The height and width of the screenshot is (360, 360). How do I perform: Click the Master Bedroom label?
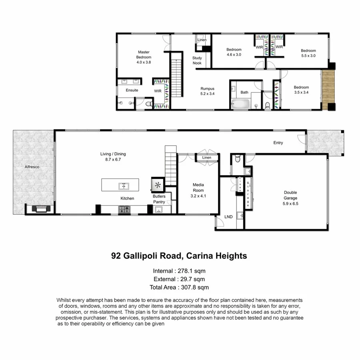[144, 57]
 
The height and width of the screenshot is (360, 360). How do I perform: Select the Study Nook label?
[197, 60]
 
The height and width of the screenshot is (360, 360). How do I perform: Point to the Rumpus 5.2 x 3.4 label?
[207, 91]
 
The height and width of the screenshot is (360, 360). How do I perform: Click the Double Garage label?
[290, 198]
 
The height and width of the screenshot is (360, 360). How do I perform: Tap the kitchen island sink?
[124, 186]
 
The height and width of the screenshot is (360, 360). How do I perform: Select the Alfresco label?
[32, 167]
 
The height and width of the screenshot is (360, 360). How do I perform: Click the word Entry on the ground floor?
[278, 143]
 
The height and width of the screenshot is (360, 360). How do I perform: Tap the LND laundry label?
[228, 217]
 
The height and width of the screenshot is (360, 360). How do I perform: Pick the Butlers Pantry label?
[159, 199]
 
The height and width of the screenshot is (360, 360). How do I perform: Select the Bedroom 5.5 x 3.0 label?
[308, 53]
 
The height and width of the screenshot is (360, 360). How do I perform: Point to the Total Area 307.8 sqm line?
[180, 287]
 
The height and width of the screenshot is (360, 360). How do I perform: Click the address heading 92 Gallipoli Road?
[179, 256]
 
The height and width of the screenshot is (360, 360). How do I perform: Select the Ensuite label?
[132, 90]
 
